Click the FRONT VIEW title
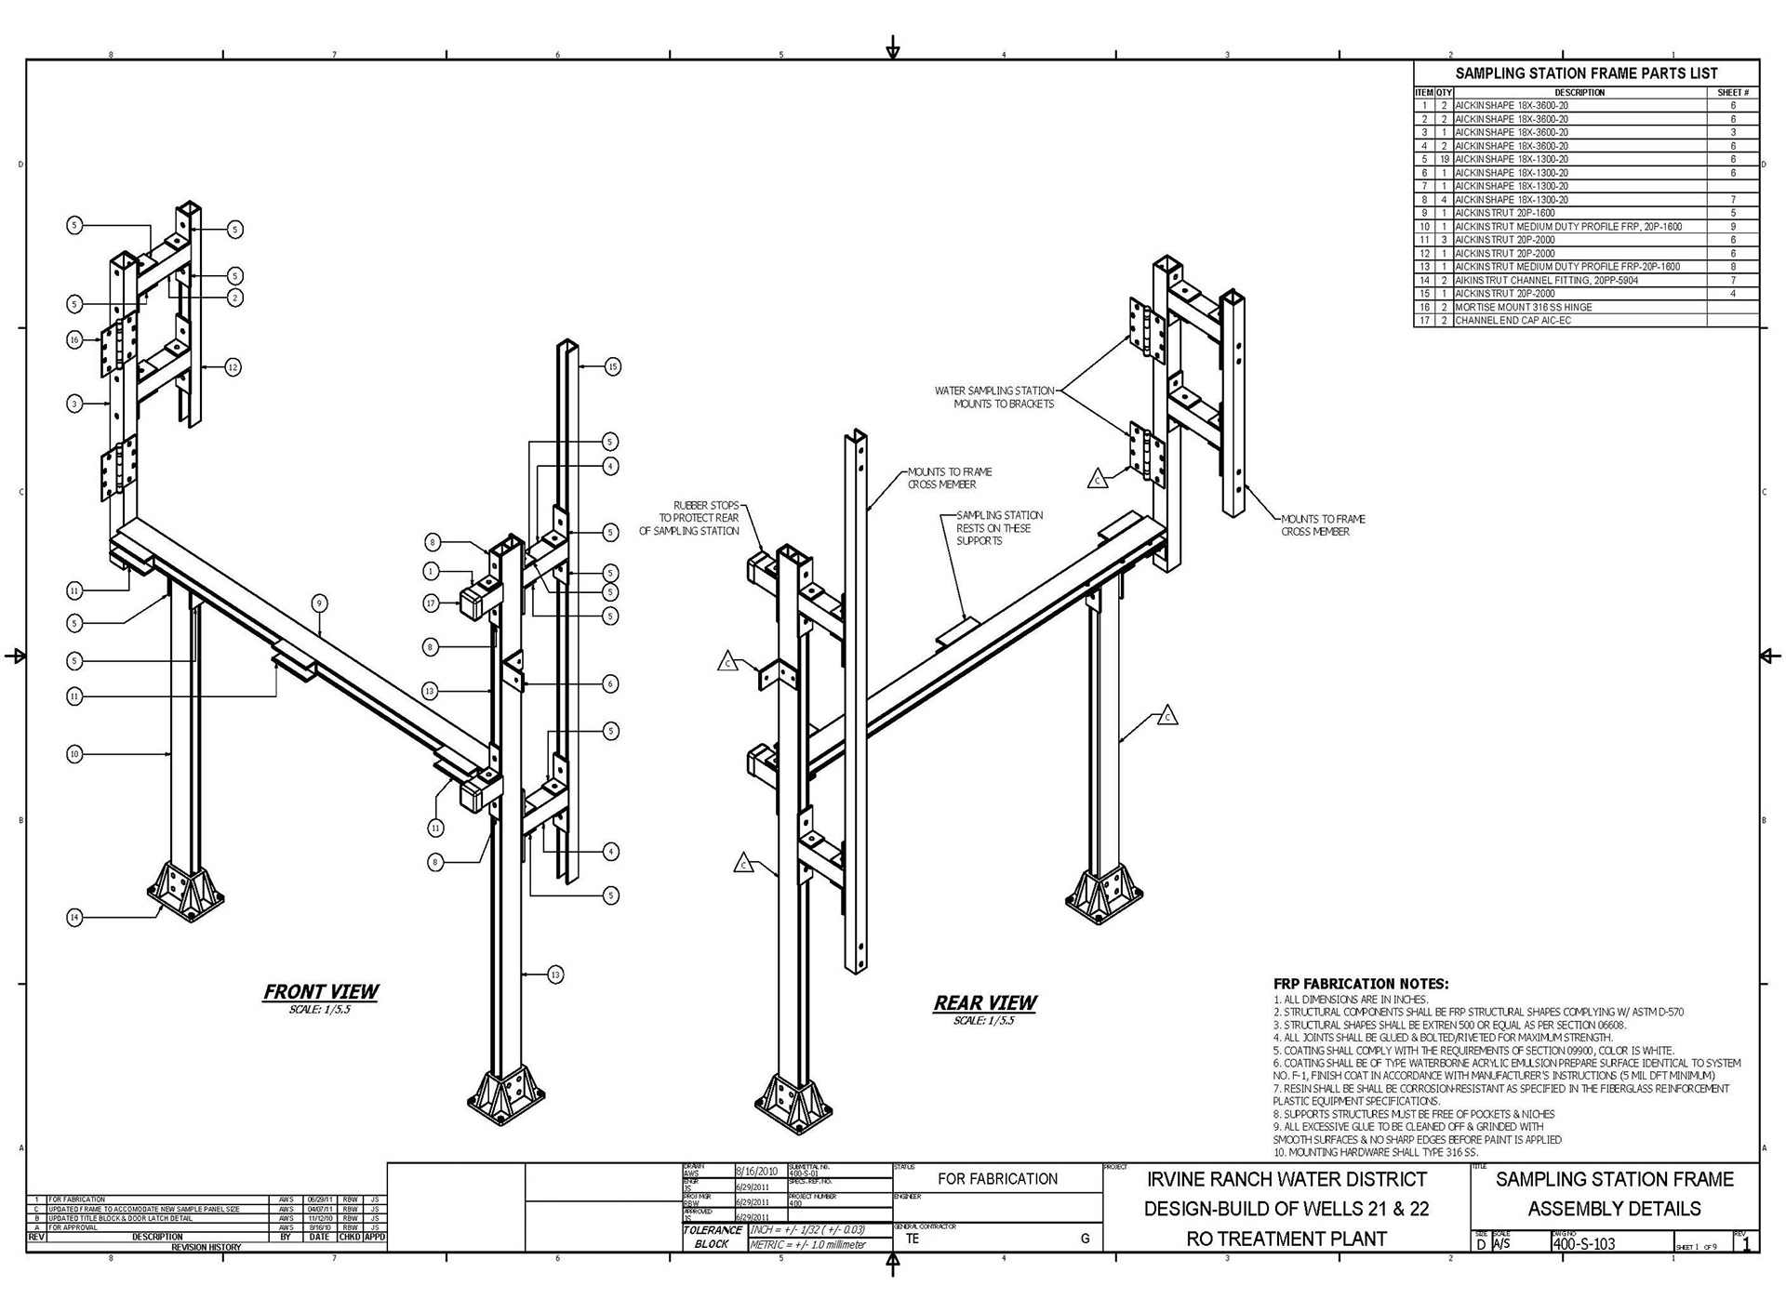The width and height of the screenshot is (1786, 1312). pyautogui.click(x=321, y=992)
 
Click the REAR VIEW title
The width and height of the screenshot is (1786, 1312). pyautogui.click(x=984, y=1003)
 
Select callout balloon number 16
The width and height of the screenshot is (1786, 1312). pyautogui.click(x=74, y=340)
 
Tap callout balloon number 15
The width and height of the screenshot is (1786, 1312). pyautogui.click(x=612, y=367)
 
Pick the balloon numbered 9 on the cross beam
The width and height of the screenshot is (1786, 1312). pyautogui.click(x=319, y=603)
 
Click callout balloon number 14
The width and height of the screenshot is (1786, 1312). pyautogui.click(x=74, y=918)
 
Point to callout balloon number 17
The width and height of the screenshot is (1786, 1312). pyautogui.click(x=431, y=603)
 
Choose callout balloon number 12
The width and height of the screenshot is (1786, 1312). pyautogui.click(x=233, y=367)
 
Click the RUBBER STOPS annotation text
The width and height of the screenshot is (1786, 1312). pyautogui.click(x=689, y=518)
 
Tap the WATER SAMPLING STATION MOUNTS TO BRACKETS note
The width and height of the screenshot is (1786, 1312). pyautogui.click(x=994, y=397)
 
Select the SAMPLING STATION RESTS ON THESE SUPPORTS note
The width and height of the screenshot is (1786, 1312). pyautogui.click(x=999, y=527)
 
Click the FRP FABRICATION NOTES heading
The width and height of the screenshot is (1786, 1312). pyautogui.click(x=1360, y=984)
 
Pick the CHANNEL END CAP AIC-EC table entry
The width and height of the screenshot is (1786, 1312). pyautogui.click(x=1513, y=321)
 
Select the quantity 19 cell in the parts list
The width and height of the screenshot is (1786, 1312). pyautogui.click(x=1444, y=159)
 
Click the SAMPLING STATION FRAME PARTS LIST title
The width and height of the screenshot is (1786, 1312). pyautogui.click(x=1586, y=73)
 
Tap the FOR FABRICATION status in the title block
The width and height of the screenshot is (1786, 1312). pyautogui.click(x=997, y=1179)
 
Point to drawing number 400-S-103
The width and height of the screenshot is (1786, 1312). pyautogui.click(x=1583, y=1243)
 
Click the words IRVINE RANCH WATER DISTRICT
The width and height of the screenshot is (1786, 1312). pyautogui.click(x=1286, y=1179)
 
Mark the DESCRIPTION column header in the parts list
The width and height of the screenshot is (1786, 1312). pyautogui.click(x=1579, y=92)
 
